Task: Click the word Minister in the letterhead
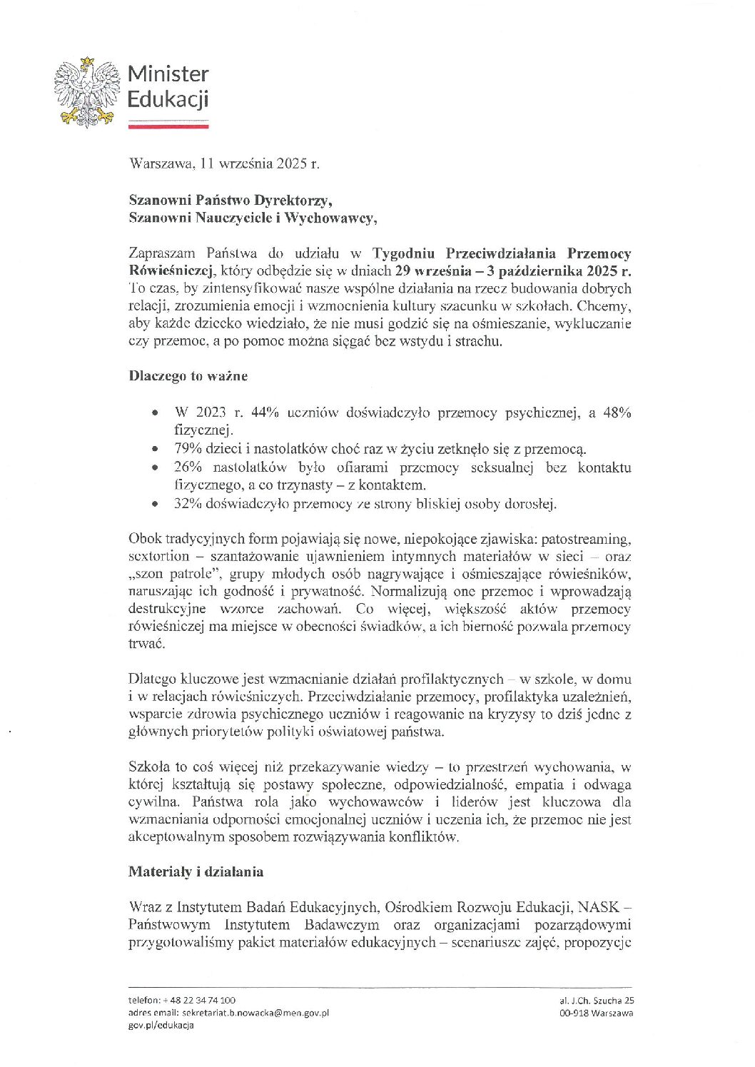click(x=168, y=74)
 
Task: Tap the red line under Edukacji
click(x=168, y=126)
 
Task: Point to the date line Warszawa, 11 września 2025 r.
click(x=224, y=163)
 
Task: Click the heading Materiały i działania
click(x=196, y=871)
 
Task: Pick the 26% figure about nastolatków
click(x=188, y=467)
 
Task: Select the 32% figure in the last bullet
click(x=188, y=504)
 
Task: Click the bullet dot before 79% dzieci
click(x=155, y=450)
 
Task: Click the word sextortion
click(x=158, y=556)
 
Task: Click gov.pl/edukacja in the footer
click(x=161, y=1025)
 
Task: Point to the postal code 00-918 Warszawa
click(x=597, y=1012)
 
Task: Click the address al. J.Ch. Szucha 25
click(x=597, y=1000)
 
